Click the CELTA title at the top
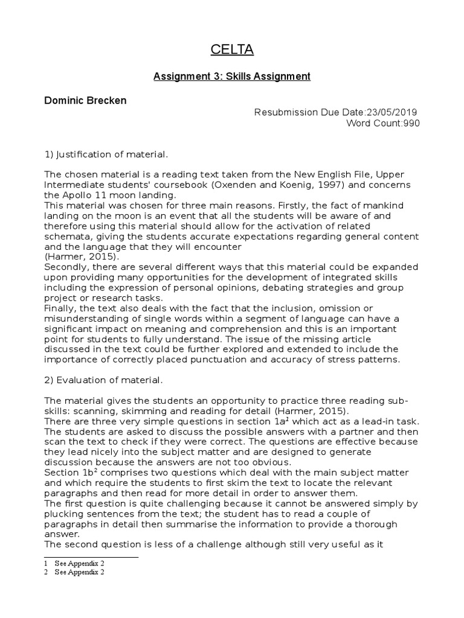tap(232, 50)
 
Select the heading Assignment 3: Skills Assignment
tap(232, 77)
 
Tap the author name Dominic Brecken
tap(85, 100)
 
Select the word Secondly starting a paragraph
tap(65, 267)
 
